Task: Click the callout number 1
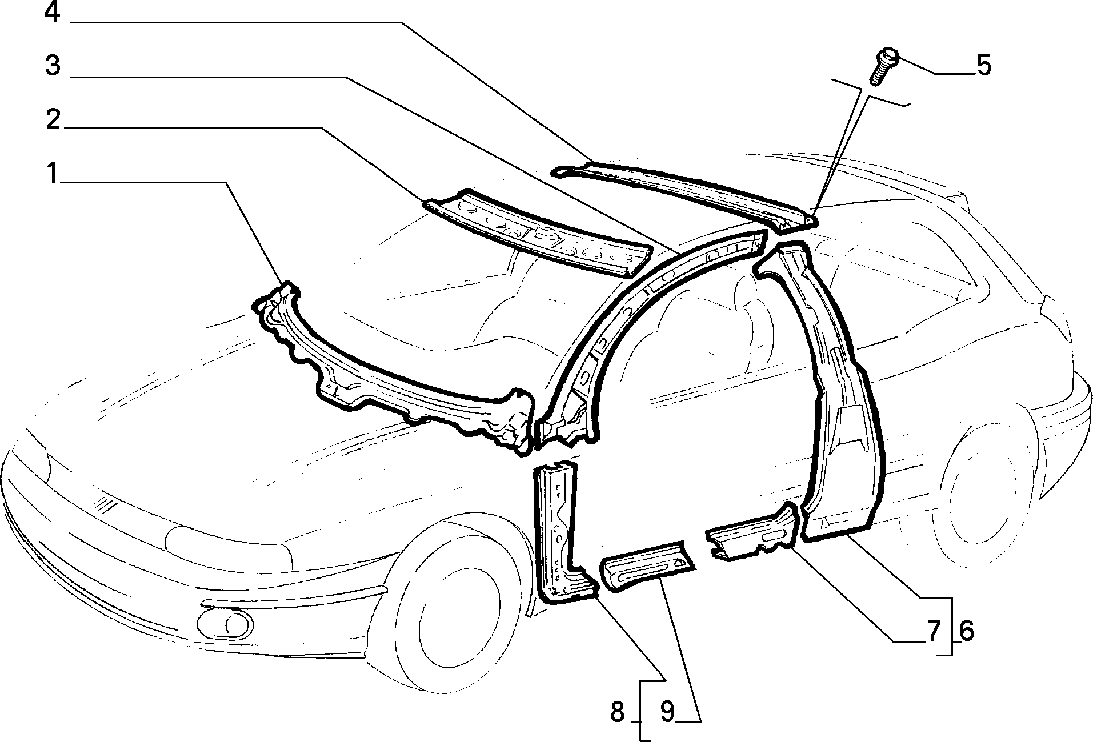[53, 173]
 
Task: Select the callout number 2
[53, 120]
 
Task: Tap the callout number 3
[53, 66]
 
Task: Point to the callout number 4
[53, 12]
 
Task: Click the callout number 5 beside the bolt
[983, 66]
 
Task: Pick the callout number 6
[966, 631]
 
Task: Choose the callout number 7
[934, 631]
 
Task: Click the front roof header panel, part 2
[537, 232]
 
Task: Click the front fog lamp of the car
[226, 624]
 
